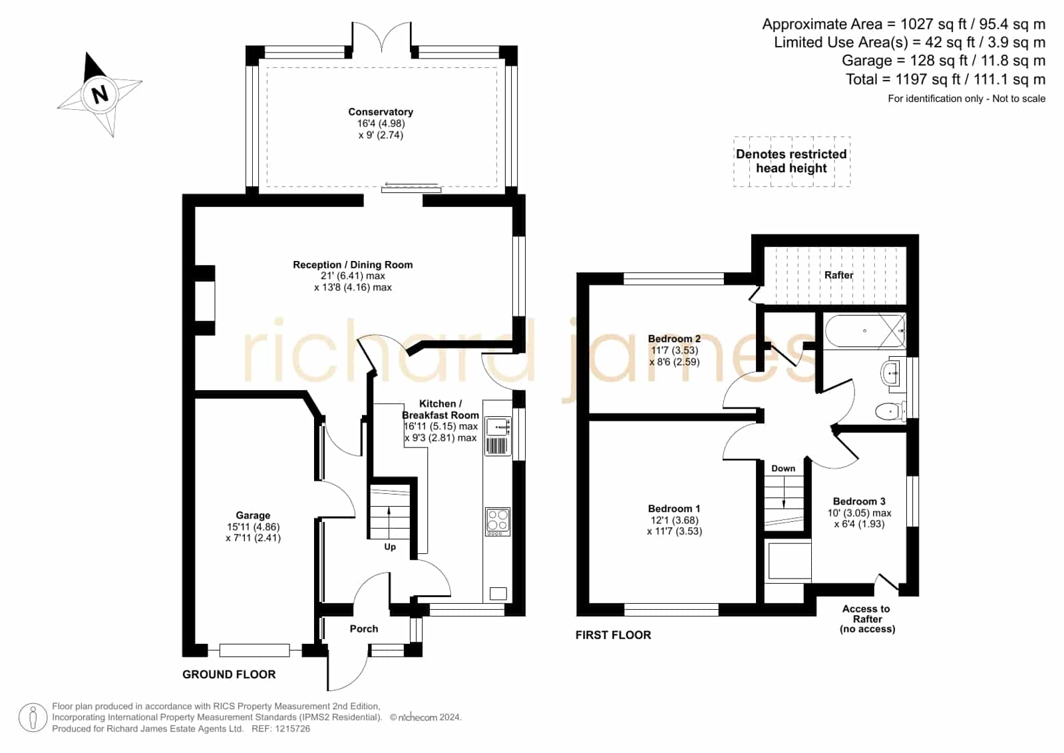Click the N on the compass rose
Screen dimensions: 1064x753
point(100,94)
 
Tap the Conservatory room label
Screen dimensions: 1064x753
point(381,112)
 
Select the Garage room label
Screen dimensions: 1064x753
point(253,515)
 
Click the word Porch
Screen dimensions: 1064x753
point(364,628)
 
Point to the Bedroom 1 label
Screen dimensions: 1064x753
point(673,509)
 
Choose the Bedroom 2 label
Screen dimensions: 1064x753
point(674,339)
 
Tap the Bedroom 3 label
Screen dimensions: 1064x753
point(859,501)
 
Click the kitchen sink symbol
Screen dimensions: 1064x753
point(498,426)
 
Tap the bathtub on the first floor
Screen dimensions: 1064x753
point(864,330)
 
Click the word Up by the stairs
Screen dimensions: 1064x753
point(389,547)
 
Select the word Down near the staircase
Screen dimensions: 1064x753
point(783,468)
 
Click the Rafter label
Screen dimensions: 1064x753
point(838,275)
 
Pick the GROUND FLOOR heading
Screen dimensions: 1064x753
point(228,674)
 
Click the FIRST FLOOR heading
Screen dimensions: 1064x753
point(613,634)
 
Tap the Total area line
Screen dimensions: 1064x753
point(945,79)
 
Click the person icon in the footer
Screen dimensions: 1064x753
point(33,717)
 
